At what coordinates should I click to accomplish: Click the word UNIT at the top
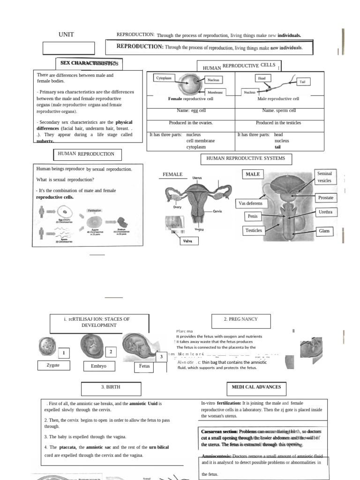pos(66,35)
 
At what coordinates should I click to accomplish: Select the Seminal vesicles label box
pos(324,177)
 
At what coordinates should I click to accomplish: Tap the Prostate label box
pos(325,197)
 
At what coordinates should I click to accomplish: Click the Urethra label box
pos(325,212)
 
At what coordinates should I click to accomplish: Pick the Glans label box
pos(324,231)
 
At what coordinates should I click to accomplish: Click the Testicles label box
pos(254,230)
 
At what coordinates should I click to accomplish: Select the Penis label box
pos(252,216)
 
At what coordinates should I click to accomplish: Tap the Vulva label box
pos(191,241)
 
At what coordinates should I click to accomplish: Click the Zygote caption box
pos(53,365)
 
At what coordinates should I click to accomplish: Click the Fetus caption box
pos(144,366)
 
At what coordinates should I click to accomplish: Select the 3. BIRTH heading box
pos(111,388)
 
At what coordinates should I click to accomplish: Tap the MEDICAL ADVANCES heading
pos(256,387)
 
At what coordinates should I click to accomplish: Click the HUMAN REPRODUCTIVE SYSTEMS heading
pos(246,158)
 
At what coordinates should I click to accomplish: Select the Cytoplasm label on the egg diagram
pos(164,78)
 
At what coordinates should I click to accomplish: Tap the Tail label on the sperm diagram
pos(302,82)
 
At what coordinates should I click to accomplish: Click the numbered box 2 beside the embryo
pos(111,352)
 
